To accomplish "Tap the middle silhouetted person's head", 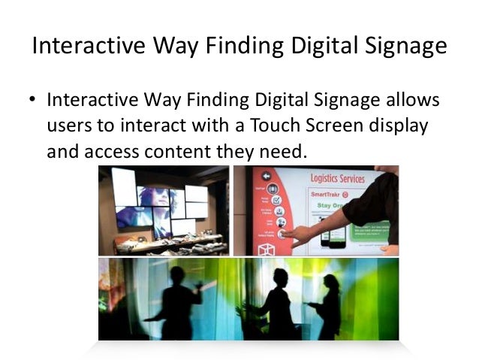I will (x=281, y=276).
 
